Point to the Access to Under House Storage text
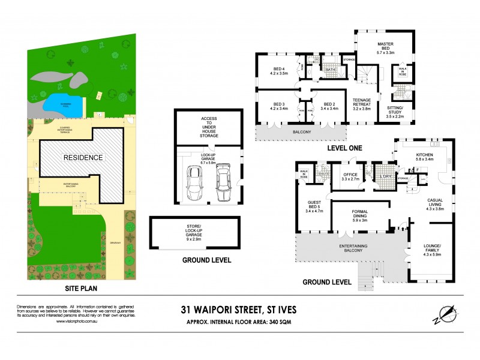coord(209,127)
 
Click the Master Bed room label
coord(385,48)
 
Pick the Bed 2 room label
coord(329,106)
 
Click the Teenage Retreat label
coord(363,106)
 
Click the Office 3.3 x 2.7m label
coord(350,176)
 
